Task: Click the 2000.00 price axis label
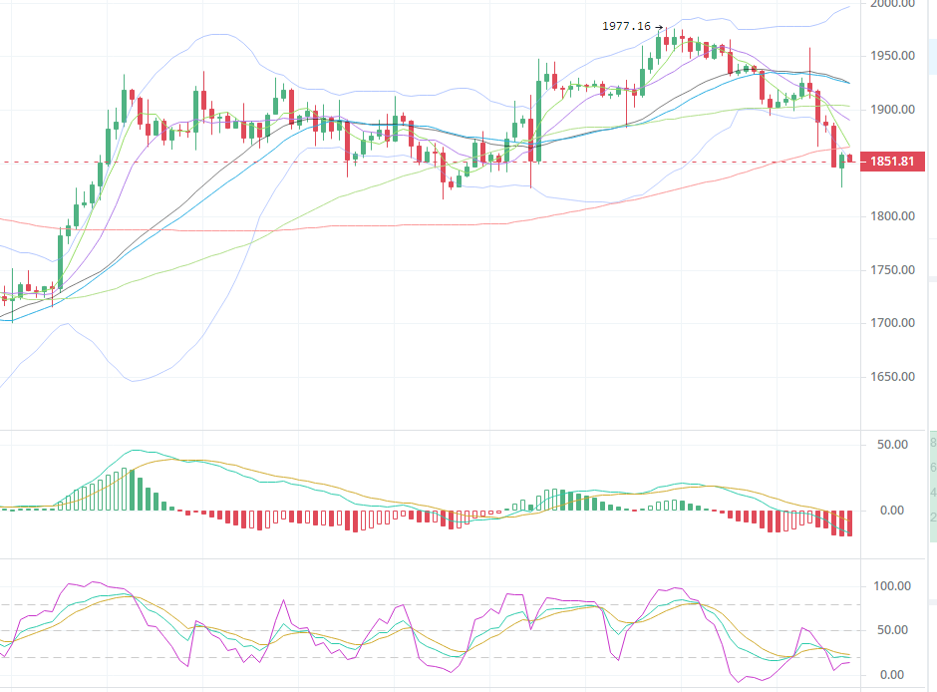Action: [893, 4]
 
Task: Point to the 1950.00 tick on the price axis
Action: [893, 56]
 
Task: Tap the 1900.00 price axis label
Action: [893, 110]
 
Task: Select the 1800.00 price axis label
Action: [893, 216]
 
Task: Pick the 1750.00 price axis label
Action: [893, 270]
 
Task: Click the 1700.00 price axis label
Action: [893, 323]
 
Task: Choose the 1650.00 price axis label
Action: [893, 377]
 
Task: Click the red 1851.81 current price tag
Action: [892, 162]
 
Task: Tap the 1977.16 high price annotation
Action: [626, 27]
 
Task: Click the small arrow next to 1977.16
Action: [659, 27]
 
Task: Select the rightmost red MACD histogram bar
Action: [849, 522]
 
